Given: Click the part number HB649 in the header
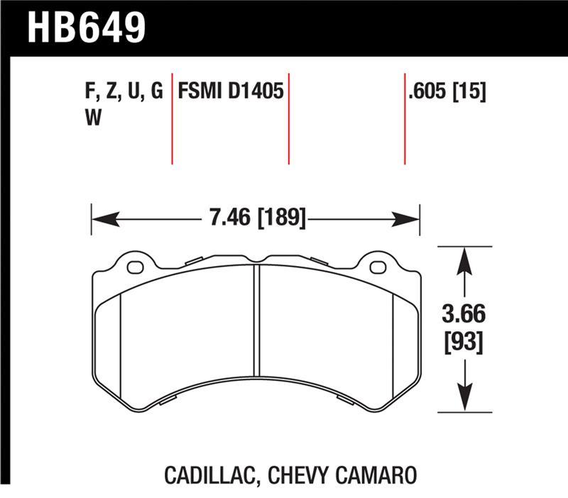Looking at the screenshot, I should [86, 27].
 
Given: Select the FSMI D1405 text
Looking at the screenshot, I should [231, 92].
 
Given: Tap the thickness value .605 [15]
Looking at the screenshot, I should [447, 92].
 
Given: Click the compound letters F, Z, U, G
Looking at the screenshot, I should [123, 92].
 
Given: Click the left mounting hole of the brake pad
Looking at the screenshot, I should [135, 267].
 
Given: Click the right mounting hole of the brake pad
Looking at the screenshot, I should [378, 267].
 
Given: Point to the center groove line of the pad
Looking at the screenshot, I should [257, 319].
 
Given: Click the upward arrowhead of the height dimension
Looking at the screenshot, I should [464, 259].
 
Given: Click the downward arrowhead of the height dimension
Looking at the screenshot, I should [464, 399].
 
